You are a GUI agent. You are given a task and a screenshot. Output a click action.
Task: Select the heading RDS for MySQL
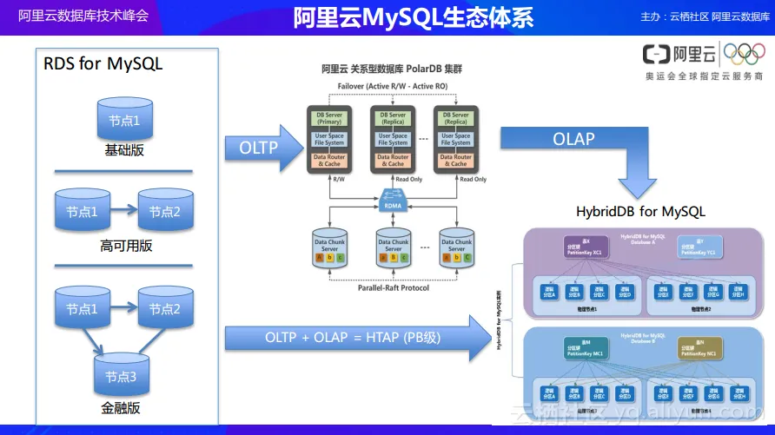[x=103, y=64]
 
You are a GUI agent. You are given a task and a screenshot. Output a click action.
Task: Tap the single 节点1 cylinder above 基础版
[x=124, y=120]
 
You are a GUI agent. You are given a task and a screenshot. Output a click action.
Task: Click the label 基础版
[x=124, y=150]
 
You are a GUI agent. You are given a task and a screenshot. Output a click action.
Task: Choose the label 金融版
[x=121, y=407]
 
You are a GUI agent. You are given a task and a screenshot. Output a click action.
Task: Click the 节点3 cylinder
[x=121, y=376]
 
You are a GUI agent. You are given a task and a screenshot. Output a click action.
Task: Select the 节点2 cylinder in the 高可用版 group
[x=165, y=211]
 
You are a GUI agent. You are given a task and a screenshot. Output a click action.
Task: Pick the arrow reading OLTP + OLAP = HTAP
[x=352, y=338]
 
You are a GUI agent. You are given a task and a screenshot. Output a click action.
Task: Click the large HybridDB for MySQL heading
[x=640, y=211]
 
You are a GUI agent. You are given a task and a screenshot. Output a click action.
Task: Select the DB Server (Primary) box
[x=329, y=119]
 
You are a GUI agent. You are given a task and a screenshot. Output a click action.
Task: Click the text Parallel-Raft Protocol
[x=393, y=288]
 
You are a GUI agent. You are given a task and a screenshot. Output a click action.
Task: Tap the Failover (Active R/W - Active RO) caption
[x=394, y=87]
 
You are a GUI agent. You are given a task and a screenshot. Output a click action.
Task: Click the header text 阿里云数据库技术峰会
[x=83, y=16]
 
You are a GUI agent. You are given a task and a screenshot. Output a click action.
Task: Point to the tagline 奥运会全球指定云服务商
[x=704, y=76]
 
